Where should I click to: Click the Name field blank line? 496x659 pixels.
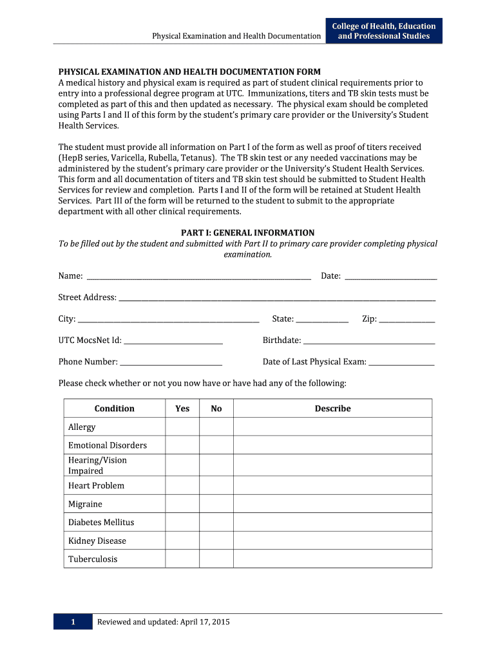[198, 277]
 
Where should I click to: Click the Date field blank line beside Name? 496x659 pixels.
[391, 277]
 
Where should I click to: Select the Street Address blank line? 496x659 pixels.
[277, 298]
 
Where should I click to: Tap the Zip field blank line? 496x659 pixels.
[406, 320]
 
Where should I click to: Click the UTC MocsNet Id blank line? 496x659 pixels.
[173, 341]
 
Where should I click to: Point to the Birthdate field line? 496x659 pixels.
[368, 341]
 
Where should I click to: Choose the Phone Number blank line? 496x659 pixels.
[171, 362]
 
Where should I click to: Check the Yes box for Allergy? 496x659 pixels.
[182, 427]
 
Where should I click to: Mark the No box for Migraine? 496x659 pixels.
[216, 504]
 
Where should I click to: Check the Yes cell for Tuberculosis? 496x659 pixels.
[182, 559]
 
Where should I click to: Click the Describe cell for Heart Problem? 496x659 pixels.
[332, 485]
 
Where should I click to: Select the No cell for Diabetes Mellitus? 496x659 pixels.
[216, 522]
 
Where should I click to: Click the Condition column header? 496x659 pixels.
[115, 409]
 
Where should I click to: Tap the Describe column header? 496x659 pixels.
[332, 409]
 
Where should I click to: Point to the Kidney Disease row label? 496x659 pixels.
[97, 541]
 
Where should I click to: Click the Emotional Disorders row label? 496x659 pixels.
[108, 445]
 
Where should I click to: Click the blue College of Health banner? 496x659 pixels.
[384, 31]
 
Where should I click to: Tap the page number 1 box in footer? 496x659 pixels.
[73, 622]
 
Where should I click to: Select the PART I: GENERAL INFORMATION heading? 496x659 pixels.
[247, 233]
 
